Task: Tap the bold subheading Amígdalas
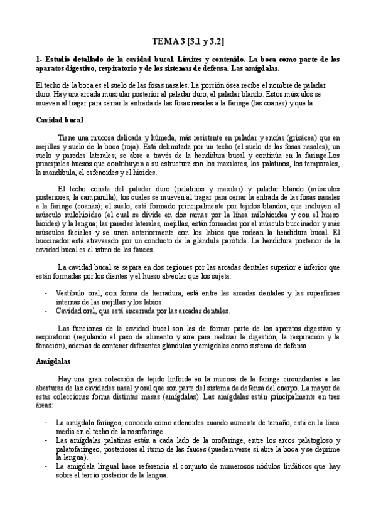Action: point(53,362)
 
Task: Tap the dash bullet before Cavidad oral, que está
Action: point(46,311)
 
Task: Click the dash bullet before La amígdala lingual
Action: point(46,467)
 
